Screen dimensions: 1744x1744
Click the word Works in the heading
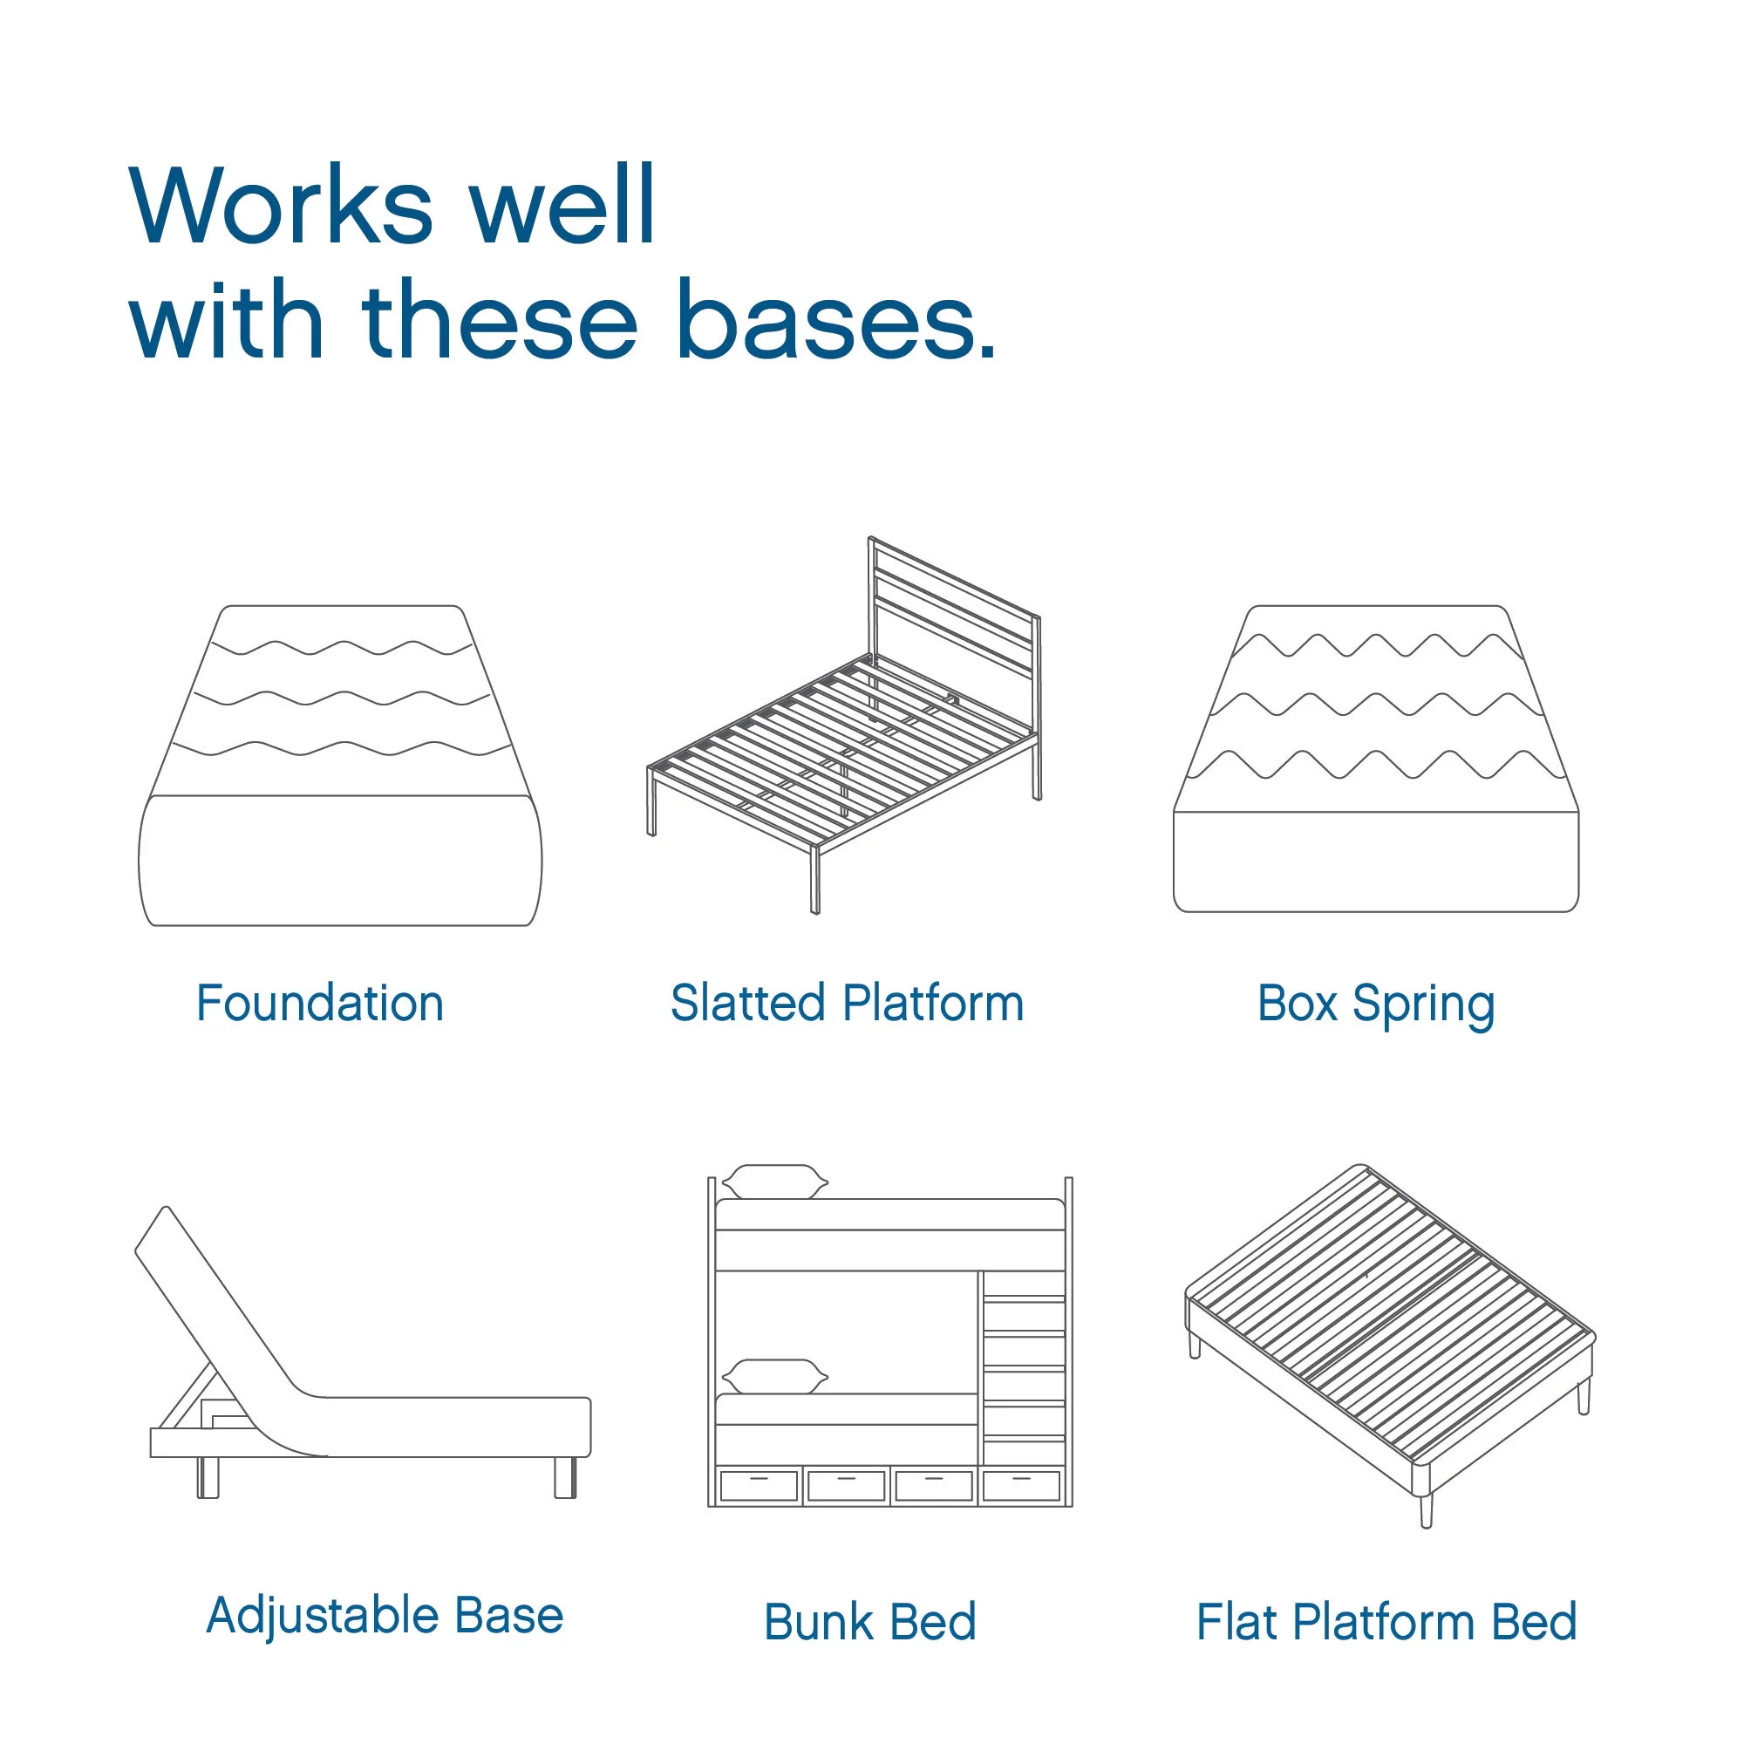(x=281, y=206)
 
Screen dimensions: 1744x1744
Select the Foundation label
(x=319, y=1004)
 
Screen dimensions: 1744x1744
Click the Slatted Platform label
(x=847, y=1004)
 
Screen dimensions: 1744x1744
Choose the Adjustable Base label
(x=385, y=1615)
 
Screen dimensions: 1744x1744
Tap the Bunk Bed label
(x=870, y=1621)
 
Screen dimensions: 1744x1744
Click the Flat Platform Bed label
(x=1386, y=1621)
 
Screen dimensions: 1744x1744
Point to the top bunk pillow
(x=774, y=1182)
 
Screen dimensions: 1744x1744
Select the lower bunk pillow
(x=774, y=1377)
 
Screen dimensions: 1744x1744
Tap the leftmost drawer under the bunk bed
(x=759, y=1485)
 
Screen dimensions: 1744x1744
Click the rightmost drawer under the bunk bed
(x=1021, y=1485)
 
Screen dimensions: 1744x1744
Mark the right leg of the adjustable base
(x=565, y=1477)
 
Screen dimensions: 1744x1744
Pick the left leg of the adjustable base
(x=208, y=1477)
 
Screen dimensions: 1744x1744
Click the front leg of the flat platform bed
(x=1427, y=1509)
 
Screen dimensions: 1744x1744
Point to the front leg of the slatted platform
(x=815, y=879)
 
